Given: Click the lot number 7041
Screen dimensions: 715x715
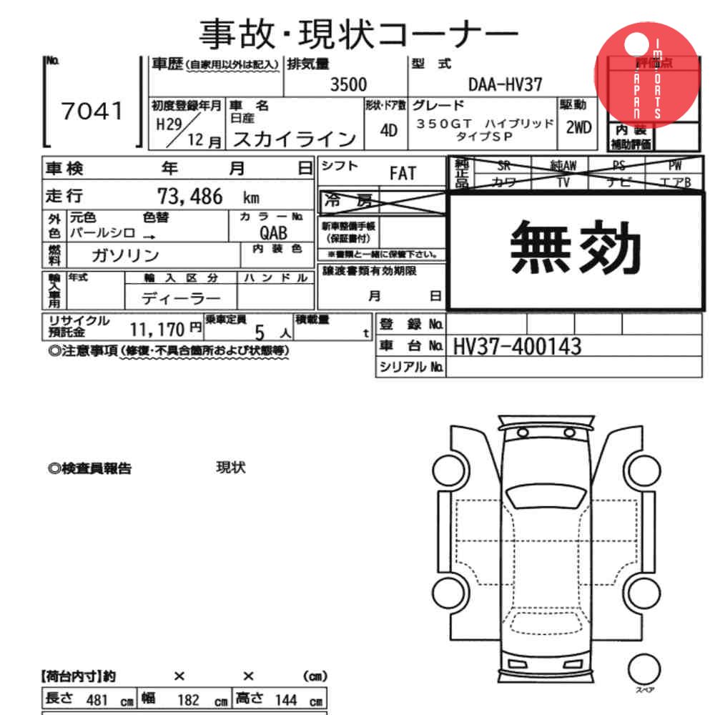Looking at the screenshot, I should pyautogui.click(x=92, y=112).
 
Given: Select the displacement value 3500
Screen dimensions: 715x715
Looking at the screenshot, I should pyautogui.click(x=348, y=84).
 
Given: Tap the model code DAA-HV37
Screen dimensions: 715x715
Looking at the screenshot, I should pyautogui.click(x=505, y=84).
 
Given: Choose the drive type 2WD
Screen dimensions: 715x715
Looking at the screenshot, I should pyautogui.click(x=578, y=129).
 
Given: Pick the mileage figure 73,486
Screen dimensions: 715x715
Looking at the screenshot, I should pyautogui.click(x=189, y=196).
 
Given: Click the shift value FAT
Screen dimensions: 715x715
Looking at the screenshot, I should pyautogui.click(x=403, y=173).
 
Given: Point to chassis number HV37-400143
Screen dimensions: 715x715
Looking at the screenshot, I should pyautogui.click(x=517, y=347).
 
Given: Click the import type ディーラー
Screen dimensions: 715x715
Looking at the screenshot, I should pyautogui.click(x=181, y=297).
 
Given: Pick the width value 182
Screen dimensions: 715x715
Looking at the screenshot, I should pyautogui.click(x=188, y=700).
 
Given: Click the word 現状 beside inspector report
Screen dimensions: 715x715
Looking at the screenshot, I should pyautogui.click(x=231, y=468).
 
